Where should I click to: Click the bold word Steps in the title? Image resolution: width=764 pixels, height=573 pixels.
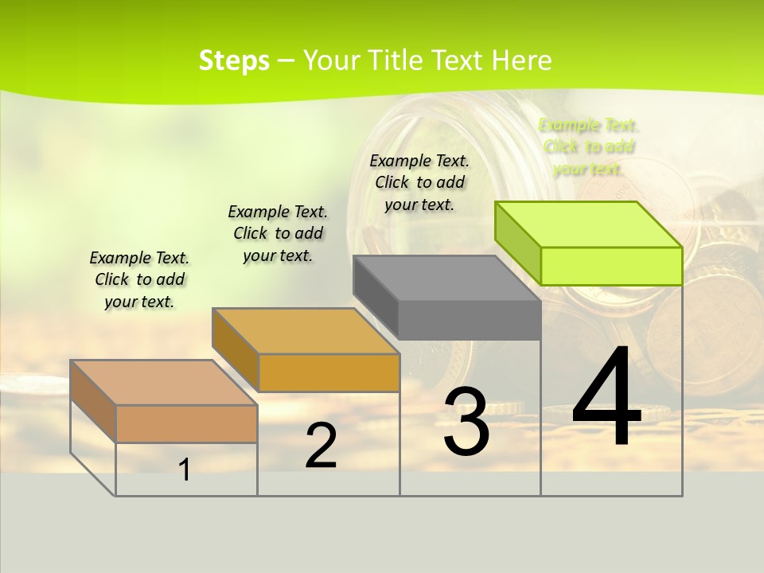pyautogui.click(x=234, y=60)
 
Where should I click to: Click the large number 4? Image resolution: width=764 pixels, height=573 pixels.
pyautogui.click(x=606, y=398)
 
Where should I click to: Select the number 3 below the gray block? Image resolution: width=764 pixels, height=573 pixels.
pyautogui.click(x=466, y=422)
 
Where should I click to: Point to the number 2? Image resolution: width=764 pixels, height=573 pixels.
pyautogui.click(x=321, y=446)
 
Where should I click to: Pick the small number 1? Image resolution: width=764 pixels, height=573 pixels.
pyautogui.click(x=185, y=470)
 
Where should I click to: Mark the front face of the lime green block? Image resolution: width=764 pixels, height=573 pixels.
pyautogui.click(x=611, y=266)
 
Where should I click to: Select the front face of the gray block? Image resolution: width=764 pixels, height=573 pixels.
pyautogui.click(x=470, y=320)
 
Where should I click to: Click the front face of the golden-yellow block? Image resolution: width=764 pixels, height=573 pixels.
pyautogui.click(x=329, y=372)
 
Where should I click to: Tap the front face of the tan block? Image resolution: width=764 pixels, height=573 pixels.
pyautogui.click(x=187, y=423)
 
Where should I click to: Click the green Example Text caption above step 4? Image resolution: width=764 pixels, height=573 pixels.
pyautogui.click(x=589, y=147)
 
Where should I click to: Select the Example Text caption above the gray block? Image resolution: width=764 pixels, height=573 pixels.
pyautogui.click(x=419, y=182)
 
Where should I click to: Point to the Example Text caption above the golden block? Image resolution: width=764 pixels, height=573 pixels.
pyautogui.click(x=278, y=233)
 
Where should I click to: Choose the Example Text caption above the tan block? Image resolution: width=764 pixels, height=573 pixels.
pyautogui.click(x=139, y=279)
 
